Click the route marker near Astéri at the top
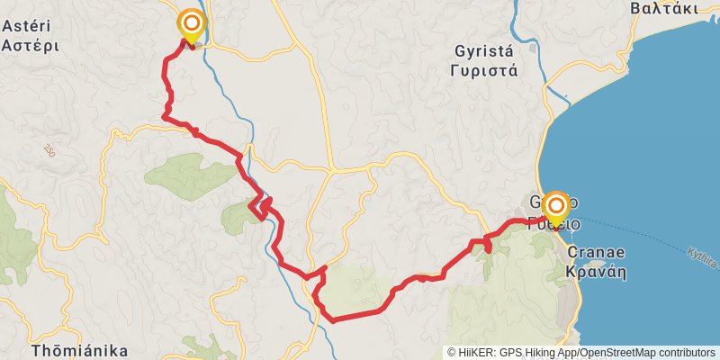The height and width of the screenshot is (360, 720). click(191, 23)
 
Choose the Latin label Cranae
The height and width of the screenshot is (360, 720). click(595, 253)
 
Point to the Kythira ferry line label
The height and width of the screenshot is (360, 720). click(703, 259)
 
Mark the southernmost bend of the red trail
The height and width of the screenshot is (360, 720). click(332, 319)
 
